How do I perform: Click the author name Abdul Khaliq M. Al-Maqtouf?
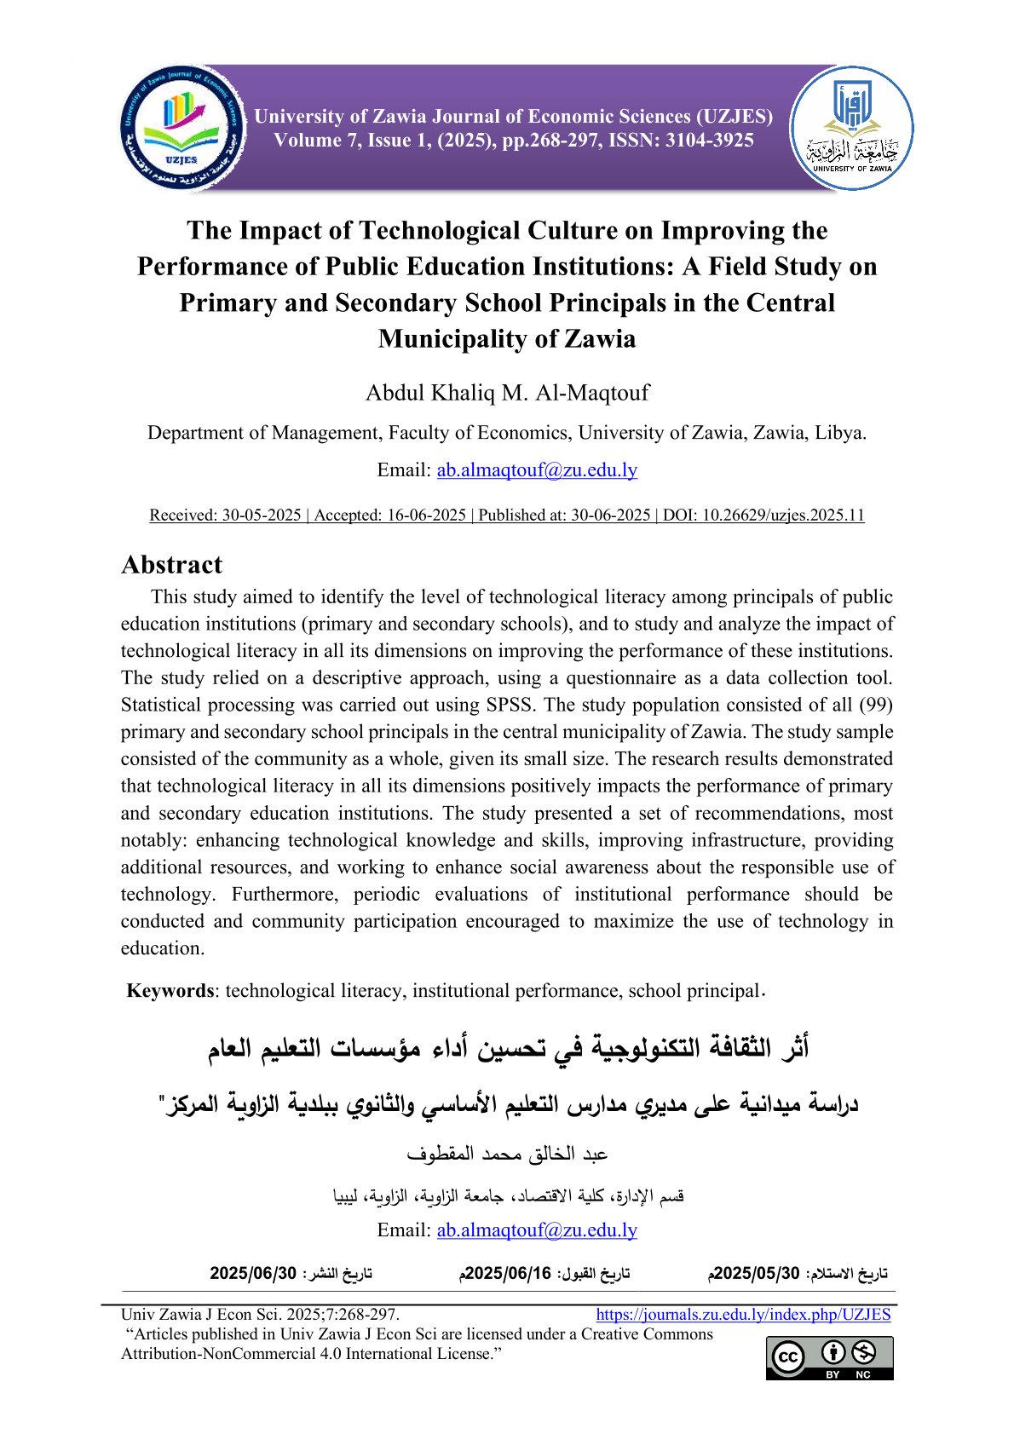[507, 393]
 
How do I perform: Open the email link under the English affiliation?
[537, 470]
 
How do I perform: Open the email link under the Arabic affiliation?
[537, 1230]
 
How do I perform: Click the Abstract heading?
[171, 565]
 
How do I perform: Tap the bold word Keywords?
[170, 991]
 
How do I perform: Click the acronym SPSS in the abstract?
[510, 705]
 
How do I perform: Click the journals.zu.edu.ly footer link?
[743, 1315]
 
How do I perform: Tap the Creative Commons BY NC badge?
[829, 1357]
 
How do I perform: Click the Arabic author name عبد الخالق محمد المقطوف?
[507, 1155]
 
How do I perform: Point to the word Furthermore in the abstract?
[285, 895]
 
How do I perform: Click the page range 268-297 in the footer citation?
[369, 1315]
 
